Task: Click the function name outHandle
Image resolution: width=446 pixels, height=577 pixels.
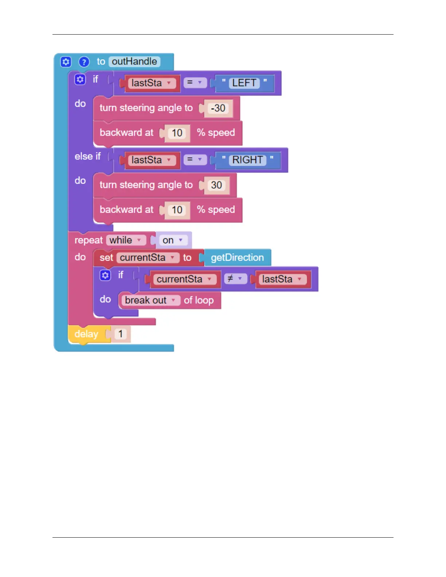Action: pos(134,62)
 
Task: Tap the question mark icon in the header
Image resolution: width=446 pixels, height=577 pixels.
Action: pos(84,62)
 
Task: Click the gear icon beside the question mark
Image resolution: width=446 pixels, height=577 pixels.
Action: pos(66,62)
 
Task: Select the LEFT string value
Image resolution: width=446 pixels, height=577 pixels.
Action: pos(244,83)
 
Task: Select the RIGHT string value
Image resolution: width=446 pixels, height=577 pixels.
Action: pos(247,160)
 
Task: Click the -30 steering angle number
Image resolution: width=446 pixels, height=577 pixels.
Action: pos(218,108)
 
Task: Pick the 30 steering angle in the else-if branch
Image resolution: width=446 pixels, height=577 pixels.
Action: pos(216,185)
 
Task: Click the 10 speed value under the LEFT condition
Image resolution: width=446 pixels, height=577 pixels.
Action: pos(177,133)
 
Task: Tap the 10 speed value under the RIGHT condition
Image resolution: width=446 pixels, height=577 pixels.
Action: pos(177,210)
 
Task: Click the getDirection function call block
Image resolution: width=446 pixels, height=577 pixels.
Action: pos(237,258)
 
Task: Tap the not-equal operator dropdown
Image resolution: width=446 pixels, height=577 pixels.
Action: pos(235,279)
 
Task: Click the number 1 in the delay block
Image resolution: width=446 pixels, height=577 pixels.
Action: pos(121,334)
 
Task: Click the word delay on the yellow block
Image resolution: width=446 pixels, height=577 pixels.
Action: pos(86,334)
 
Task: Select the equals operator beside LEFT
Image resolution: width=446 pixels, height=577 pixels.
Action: pos(195,83)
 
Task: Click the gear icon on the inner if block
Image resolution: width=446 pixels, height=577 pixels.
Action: pos(105,275)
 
